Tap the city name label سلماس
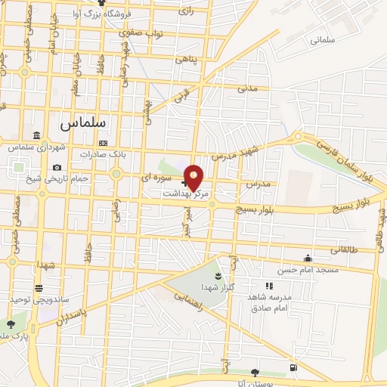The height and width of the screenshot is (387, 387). coord(82,120)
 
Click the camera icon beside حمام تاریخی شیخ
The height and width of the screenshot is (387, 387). coord(57,167)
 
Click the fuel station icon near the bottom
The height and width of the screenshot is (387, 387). coord(293,368)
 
